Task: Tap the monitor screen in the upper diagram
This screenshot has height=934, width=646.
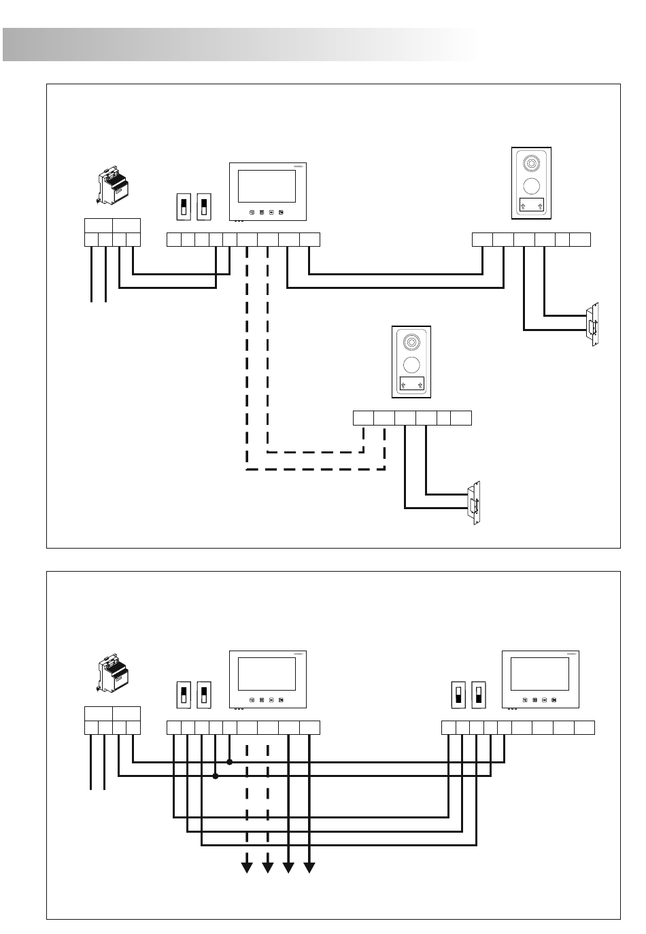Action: (267, 186)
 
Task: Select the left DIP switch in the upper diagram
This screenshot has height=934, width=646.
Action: (183, 207)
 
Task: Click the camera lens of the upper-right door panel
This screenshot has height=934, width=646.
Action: (531, 164)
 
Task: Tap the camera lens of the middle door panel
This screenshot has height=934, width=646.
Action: (411, 342)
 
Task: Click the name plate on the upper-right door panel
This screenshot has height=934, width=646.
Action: (531, 205)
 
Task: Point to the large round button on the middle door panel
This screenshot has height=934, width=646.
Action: (411, 363)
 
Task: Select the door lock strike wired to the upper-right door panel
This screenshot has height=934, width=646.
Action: (594, 324)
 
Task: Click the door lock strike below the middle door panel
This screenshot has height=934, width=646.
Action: (474, 504)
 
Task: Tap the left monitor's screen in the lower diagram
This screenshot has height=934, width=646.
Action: (267, 673)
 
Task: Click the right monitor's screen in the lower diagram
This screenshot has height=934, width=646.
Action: (539, 673)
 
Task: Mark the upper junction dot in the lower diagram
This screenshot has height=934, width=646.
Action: (229, 762)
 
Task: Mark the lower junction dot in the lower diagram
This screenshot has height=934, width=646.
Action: (216, 776)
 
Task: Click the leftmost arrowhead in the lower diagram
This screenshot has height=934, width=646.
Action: (248, 867)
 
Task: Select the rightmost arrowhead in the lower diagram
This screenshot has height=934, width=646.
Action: (309, 867)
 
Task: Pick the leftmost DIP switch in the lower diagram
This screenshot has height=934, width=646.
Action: (183, 695)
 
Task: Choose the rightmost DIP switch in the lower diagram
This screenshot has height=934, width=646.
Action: (479, 695)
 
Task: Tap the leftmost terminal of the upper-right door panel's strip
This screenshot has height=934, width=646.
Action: (482, 239)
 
